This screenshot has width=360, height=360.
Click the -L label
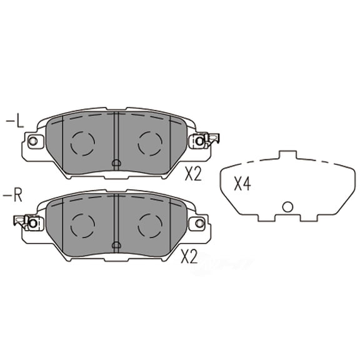pos(15,120)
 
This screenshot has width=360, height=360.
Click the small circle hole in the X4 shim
pos(287,207)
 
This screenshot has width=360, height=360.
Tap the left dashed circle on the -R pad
pos(82,224)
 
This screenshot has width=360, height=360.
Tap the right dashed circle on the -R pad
pos(150,224)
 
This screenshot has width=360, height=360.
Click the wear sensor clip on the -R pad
pos(26,221)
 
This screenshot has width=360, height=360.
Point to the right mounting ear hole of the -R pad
pos(200,222)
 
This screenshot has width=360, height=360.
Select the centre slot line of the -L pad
pos(116,137)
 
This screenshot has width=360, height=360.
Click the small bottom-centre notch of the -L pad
pos(116,164)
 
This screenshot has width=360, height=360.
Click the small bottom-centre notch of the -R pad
pos(116,244)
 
